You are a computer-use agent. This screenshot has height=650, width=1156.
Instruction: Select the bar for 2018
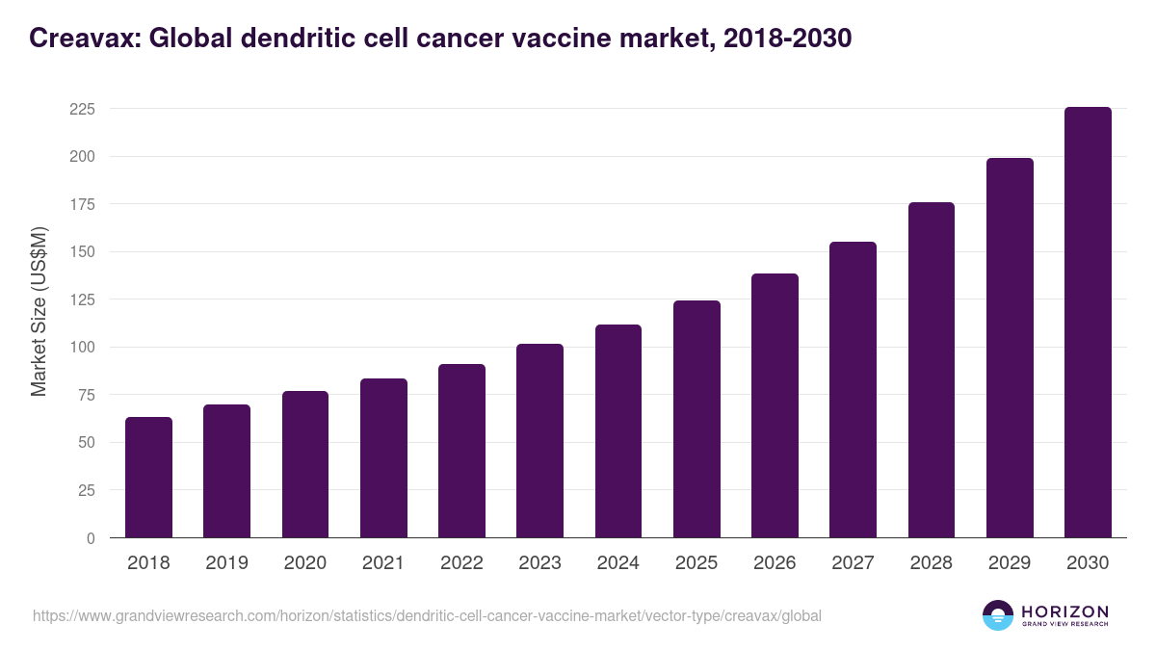pos(148,478)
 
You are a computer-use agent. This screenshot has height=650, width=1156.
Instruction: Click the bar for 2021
pos(383,458)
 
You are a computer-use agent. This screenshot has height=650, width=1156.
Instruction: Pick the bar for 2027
pos(854,390)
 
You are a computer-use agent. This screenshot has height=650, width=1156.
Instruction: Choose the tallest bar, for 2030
pos(1088,323)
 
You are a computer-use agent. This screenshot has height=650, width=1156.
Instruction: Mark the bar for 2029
pos(1010,348)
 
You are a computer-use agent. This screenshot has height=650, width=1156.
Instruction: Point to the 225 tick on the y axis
pos(83,109)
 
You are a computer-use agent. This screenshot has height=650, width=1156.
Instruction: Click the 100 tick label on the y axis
pos(83,347)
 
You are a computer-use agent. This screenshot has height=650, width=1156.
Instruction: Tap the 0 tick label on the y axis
pos(91,538)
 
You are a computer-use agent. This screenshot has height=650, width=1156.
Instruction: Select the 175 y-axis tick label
pos(83,204)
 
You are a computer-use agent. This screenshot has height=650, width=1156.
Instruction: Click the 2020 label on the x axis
pos(304,563)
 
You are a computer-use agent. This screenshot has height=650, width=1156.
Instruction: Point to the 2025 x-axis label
pos(696,563)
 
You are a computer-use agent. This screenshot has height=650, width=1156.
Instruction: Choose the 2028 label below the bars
pos(932,563)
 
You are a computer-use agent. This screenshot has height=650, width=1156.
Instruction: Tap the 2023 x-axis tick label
pos(539,563)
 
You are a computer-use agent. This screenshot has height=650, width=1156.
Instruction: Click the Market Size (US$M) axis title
pos(39,312)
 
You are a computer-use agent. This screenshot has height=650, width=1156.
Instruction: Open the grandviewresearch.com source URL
pos(427,615)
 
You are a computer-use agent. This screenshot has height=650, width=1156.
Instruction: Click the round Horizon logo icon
pos(998,615)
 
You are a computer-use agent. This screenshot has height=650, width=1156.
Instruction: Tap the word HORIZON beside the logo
pos(1064,611)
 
